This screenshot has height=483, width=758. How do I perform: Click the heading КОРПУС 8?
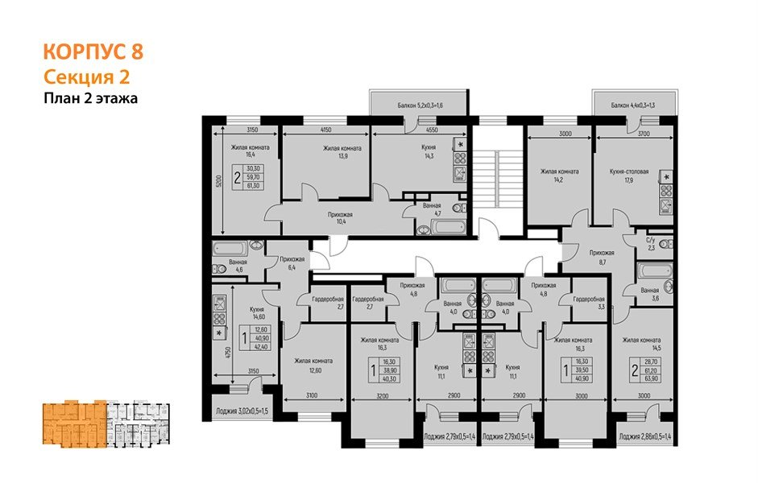tap(92, 53)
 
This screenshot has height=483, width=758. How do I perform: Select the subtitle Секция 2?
tap(85, 77)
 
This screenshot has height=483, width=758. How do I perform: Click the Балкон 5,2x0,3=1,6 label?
tap(420, 105)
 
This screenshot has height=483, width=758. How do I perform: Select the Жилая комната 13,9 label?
tap(342, 153)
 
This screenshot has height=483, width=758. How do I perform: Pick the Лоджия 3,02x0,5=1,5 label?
tap(241, 411)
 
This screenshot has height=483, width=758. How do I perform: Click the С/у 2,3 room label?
tap(651, 243)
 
